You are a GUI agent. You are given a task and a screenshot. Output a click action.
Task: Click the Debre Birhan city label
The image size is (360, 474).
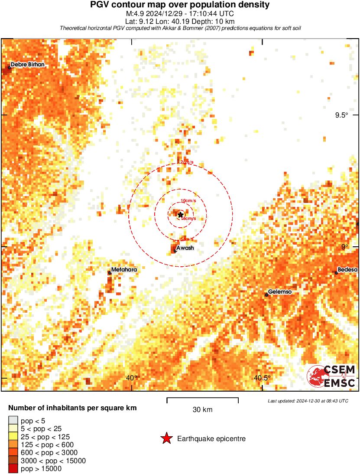pyautogui.click(x=27, y=65)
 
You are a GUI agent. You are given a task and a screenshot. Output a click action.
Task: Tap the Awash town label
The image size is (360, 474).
pyautogui.click(x=185, y=248)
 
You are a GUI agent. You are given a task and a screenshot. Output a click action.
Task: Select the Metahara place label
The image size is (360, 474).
pyautogui.click(x=124, y=270)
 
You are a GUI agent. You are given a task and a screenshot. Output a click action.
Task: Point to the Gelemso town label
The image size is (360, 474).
pyautogui.click(x=280, y=292)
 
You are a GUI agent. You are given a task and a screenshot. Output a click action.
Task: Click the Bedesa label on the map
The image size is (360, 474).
pyautogui.click(x=347, y=270)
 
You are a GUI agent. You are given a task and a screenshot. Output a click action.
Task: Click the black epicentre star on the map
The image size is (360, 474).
pyautogui.click(x=180, y=215)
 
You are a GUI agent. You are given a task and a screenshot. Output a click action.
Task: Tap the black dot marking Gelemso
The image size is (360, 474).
pyautogui.click(x=267, y=295)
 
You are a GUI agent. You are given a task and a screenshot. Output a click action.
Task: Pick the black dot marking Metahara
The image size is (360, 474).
pyautogui.click(x=110, y=272)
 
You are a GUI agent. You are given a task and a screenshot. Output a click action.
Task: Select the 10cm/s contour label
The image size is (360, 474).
pyautogui.click(x=188, y=201)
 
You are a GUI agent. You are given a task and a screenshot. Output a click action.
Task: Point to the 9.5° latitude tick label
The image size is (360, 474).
pyautogui.click(x=341, y=115)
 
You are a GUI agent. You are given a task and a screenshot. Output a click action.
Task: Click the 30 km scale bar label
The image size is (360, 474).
pyautogui.click(x=202, y=409)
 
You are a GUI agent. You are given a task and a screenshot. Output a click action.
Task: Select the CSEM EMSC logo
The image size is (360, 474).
pyautogui.click(x=332, y=376)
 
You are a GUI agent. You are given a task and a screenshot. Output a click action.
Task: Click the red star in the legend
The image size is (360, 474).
pyautogui.click(x=166, y=439)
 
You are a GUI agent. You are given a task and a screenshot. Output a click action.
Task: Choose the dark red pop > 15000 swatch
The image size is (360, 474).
pyautogui.click(x=13, y=468)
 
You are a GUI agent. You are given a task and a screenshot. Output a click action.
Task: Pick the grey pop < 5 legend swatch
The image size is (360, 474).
pyautogui.click(x=13, y=421)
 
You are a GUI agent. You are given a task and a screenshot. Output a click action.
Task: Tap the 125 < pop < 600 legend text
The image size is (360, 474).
pyautogui.click(x=47, y=445)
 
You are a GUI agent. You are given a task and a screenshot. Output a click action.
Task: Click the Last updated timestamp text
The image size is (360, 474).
pyautogui.click(x=308, y=401)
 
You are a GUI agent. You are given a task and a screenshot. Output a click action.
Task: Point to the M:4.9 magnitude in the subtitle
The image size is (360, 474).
pyautogui.click(x=134, y=13)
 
